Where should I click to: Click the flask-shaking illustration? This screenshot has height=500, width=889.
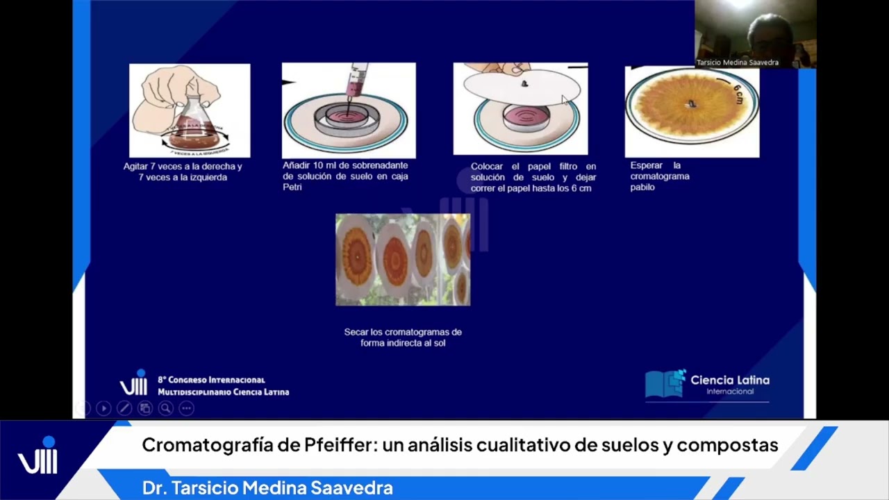point(190,110)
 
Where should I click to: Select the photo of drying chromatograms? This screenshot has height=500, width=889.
point(403,260)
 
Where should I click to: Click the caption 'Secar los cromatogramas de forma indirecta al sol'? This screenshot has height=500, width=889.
point(403,337)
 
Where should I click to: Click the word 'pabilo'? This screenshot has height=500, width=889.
point(642,187)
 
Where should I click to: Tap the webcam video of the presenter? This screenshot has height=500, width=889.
point(756,31)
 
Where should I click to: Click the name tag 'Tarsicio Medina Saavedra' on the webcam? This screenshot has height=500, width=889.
point(738,62)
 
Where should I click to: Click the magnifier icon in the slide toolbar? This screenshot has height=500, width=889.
point(165,408)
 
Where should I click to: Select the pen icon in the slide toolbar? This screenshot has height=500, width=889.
point(124,408)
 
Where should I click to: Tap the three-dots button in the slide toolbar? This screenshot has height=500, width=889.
point(186,408)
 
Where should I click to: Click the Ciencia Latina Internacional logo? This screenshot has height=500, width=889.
point(707,384)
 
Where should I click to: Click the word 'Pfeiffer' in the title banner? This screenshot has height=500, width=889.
point(342,445)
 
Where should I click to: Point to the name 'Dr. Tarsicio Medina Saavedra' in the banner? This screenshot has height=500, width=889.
point(267,488)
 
